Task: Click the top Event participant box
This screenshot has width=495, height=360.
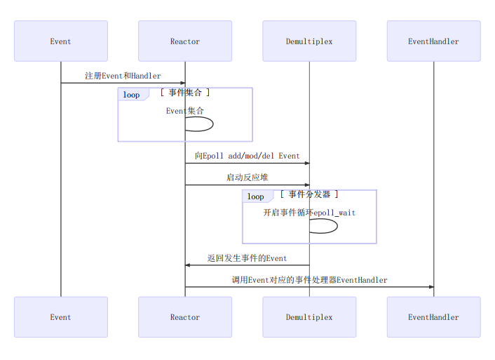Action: [60, 41]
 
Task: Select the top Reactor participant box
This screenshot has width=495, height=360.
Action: [185, 41]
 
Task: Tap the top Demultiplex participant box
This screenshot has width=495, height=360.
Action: [309, 41]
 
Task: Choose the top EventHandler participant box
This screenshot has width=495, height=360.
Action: [433, 41]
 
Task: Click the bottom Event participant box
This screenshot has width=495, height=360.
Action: [60, 317]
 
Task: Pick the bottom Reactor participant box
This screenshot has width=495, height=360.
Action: [185, 317]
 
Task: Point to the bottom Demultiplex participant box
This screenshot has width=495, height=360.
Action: [309, 317]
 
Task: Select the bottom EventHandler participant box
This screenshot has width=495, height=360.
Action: [433, 317]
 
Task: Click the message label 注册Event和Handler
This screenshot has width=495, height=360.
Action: [123, 76]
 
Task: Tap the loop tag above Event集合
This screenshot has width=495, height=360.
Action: [132, 95]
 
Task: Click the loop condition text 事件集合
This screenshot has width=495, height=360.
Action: [185, 93]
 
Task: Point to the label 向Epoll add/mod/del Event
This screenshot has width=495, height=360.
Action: [247, 156]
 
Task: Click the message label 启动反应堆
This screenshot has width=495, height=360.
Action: [247, 178]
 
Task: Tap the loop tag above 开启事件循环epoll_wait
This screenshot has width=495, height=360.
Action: [256, 196]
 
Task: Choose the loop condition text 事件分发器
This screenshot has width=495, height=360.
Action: [309, 194]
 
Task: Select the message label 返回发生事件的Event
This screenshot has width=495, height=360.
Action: [247, 258]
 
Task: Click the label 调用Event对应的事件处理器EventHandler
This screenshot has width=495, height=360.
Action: [309, 280]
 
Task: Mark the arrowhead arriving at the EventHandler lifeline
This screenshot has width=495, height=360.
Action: [430, 287]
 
